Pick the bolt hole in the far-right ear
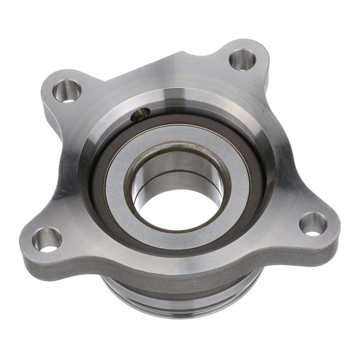313,224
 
